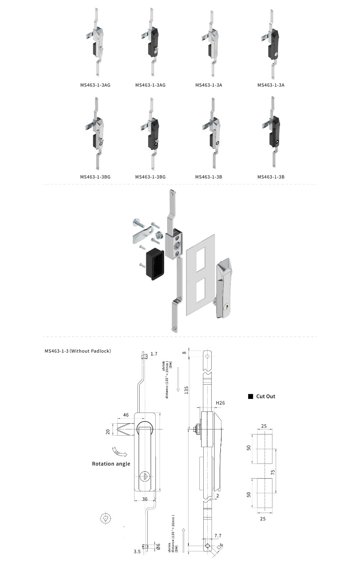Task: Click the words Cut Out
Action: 266,396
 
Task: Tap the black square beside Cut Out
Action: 251,396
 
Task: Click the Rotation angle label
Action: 111,464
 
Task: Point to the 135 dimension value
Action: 186,390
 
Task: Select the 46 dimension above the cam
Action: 126,415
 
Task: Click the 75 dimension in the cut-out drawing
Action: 273,472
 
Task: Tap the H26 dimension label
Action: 220,403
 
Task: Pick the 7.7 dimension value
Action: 218,536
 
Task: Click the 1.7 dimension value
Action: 154,354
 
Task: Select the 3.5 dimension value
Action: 137,551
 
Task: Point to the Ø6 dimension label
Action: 158,546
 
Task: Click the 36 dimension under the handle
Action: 145,499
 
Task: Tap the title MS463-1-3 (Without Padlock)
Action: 78,351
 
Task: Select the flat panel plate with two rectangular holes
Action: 200,274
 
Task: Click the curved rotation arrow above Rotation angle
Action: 119,452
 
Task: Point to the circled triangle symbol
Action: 105,518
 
